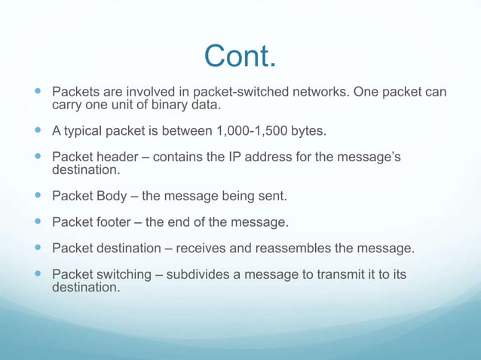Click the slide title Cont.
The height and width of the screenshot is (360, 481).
click(240, 56)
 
